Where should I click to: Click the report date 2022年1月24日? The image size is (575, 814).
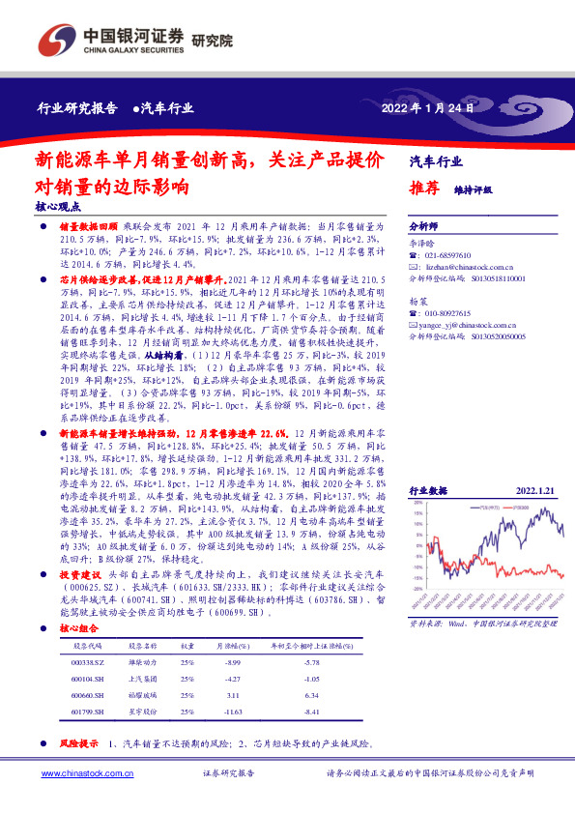[x=430, y=108]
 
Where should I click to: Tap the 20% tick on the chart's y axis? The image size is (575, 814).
[x=420, y=503]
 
